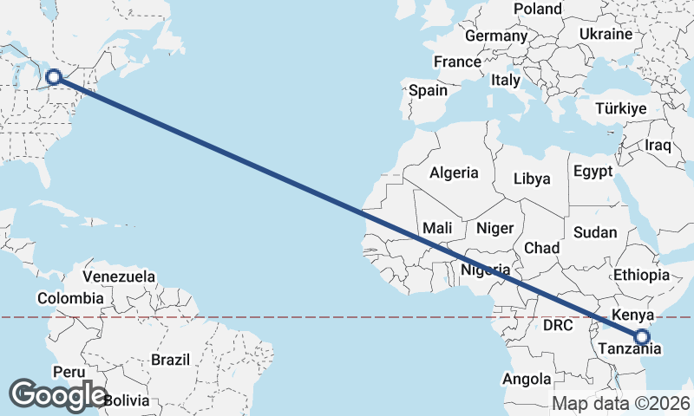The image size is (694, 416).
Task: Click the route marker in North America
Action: click(53, 76)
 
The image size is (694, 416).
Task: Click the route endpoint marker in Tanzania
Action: click(642, 337)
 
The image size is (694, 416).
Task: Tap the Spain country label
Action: click(428, 90)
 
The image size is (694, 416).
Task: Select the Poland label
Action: click(538, 9)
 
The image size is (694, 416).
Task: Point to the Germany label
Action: click(496, 36)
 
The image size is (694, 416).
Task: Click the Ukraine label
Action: click(605, 35)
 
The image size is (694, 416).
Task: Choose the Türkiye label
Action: click(621, 108)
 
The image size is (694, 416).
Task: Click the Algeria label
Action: click(455, 172)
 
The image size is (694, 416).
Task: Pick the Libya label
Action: click(532, 179)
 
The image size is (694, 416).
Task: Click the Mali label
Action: click(439, 228)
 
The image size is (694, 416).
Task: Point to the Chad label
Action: click(542, 248)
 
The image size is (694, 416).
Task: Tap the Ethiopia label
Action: click(641, 275)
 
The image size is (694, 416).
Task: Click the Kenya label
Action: click(632, 314)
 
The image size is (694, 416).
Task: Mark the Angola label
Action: click(527, 379)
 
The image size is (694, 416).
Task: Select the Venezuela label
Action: click(120, 277)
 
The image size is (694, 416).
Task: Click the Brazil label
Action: click(170, 359)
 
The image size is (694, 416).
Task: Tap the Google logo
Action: click(59, 394)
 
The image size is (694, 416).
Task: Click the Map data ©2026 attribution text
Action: click(621, 403)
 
